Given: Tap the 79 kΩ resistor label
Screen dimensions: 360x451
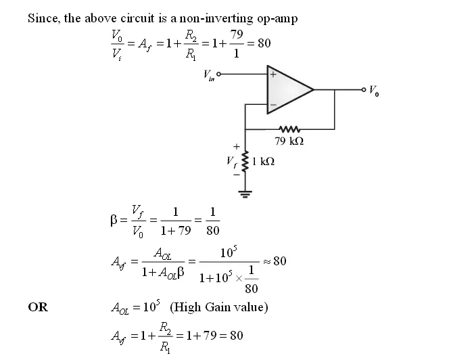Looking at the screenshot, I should pyautogui.click(x=289, y=141).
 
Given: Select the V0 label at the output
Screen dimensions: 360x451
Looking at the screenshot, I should pyautogui.click(x=375, y=91).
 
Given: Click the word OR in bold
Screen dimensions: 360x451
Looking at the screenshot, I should pyautogui.click(x=38, y=307).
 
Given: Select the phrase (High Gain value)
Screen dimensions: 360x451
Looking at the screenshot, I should pyautogui.click(x=219, y=307).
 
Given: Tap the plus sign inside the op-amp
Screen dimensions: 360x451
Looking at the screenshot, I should pyautogui.click(x=272, y=75).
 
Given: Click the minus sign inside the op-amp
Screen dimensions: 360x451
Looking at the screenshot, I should pyautogui.click(x=272, y=106).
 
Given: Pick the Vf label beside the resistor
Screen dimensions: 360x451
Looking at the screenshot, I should pyautogui.click(x=232, y=162).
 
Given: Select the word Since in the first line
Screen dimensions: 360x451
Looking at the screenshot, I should pyautogui.click(x=43, y=18).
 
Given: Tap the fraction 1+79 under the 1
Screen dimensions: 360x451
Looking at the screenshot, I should pyautogui.click(x=176, y=231).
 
